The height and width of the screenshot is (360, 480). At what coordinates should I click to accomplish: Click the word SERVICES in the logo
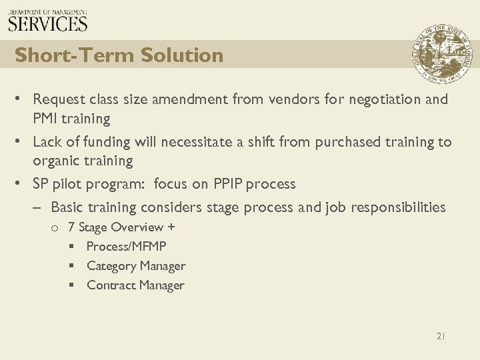[x=48, y=24]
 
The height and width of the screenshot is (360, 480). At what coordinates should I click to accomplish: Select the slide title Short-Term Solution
[x=119, y=55]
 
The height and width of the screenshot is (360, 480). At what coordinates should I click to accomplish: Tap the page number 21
[x=440, y=337]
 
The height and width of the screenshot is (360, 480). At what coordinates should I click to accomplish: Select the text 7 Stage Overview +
[x=121, y=227]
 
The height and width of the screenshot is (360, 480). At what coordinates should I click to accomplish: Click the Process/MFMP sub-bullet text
[x=126, y=247]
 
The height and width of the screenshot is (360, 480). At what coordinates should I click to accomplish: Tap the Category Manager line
[x=136, y=266]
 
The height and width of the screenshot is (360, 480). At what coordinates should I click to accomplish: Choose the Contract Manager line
[x=135, y=285]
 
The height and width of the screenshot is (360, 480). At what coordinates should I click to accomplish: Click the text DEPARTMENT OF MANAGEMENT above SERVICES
[x=48, y=11]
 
